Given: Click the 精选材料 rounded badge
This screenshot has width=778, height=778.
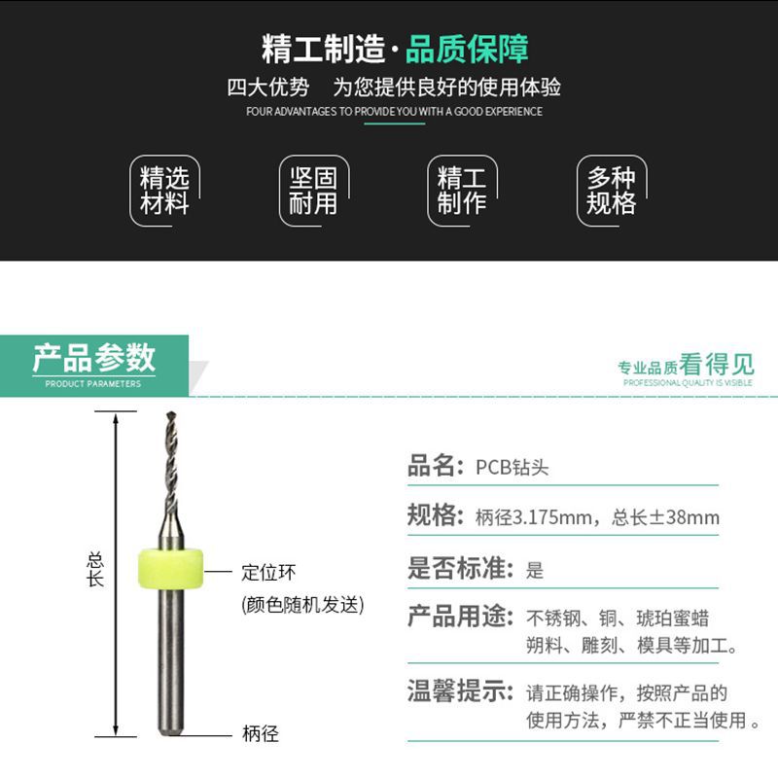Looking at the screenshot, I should (164, 191).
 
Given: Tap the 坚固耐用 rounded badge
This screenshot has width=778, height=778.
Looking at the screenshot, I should (313, 191).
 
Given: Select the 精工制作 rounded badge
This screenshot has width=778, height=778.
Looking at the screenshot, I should (462, 191).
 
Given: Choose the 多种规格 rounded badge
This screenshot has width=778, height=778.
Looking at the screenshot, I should (611, 191).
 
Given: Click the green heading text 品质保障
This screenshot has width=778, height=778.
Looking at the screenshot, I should (467, 49).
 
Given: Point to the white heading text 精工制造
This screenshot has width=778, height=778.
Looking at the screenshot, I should (323, 49).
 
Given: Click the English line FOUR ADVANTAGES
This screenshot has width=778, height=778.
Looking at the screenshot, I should (394, 112).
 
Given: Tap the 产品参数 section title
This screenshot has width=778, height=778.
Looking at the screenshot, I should (94, 358).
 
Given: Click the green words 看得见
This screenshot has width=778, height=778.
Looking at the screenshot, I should (717, 365).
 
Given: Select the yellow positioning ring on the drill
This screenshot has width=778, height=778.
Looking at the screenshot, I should (171, 569).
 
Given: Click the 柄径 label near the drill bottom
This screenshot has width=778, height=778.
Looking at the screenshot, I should (260, 734).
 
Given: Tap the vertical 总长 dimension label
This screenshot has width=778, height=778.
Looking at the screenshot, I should (95, 570).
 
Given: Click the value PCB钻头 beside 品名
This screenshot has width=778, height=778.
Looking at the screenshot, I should (513, 467).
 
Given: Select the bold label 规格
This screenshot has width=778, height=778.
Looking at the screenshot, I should (432, 515).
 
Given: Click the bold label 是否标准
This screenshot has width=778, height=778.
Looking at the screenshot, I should (457, 568).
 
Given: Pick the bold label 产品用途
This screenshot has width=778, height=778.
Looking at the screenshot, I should (457, 617).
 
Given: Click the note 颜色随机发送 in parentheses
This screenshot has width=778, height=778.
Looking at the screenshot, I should (302, 604).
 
